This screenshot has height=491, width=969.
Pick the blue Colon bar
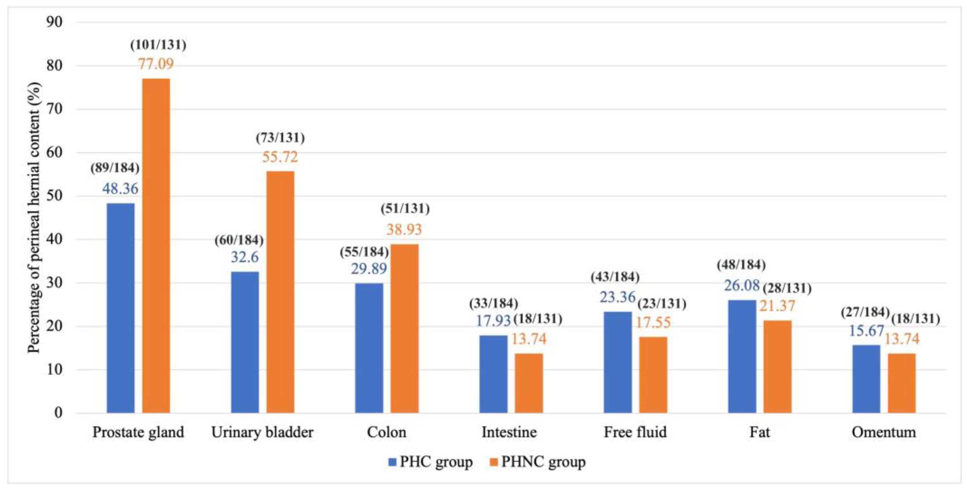tap(369, 348)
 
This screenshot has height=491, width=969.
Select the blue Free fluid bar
tap(618, 362)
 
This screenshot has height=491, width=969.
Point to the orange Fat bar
tap(777, 367)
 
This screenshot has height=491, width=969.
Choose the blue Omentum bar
tap(866, 379)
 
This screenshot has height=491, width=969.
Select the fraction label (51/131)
tap(405, 208)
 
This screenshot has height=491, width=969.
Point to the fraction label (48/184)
tap(741, 265)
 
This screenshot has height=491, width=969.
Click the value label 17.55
tap(653, 322)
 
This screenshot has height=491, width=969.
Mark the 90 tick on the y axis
tap(54, 22)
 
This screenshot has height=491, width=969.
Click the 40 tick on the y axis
tap(54, 239)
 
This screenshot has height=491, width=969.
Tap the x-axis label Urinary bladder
tap(262, 432)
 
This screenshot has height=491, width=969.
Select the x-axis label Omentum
tap(884, 432)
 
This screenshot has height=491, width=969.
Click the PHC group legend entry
tap(431, 462)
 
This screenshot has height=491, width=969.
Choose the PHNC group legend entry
tap(538, 462)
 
